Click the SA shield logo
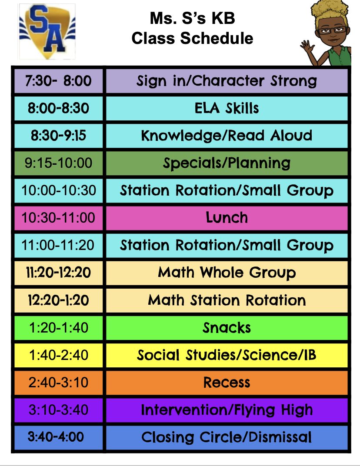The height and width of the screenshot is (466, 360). click(47, 31)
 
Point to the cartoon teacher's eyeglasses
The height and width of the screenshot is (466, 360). click(332, 30)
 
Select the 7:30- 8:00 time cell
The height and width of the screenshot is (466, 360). click(59, 81)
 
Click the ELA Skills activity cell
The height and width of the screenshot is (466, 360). click(227, 108)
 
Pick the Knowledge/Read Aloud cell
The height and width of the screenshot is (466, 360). click(227, 136)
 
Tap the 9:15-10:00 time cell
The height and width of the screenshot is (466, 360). click(59, 163)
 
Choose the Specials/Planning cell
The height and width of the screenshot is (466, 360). click(227, 163)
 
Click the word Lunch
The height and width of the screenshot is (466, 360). click(227, 217)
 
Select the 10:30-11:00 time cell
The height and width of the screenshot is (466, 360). click(59, 218)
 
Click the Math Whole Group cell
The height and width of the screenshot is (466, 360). click(227, 273)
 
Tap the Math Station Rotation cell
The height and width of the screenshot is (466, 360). click(227, 300)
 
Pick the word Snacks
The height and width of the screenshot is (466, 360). click(227, 328)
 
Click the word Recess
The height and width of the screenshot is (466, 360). click(227, 383)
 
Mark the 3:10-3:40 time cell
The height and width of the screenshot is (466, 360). click(59, 410)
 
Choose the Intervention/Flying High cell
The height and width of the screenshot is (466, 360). click(227, 410)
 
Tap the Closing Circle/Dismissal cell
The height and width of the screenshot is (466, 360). click(227, 437)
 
